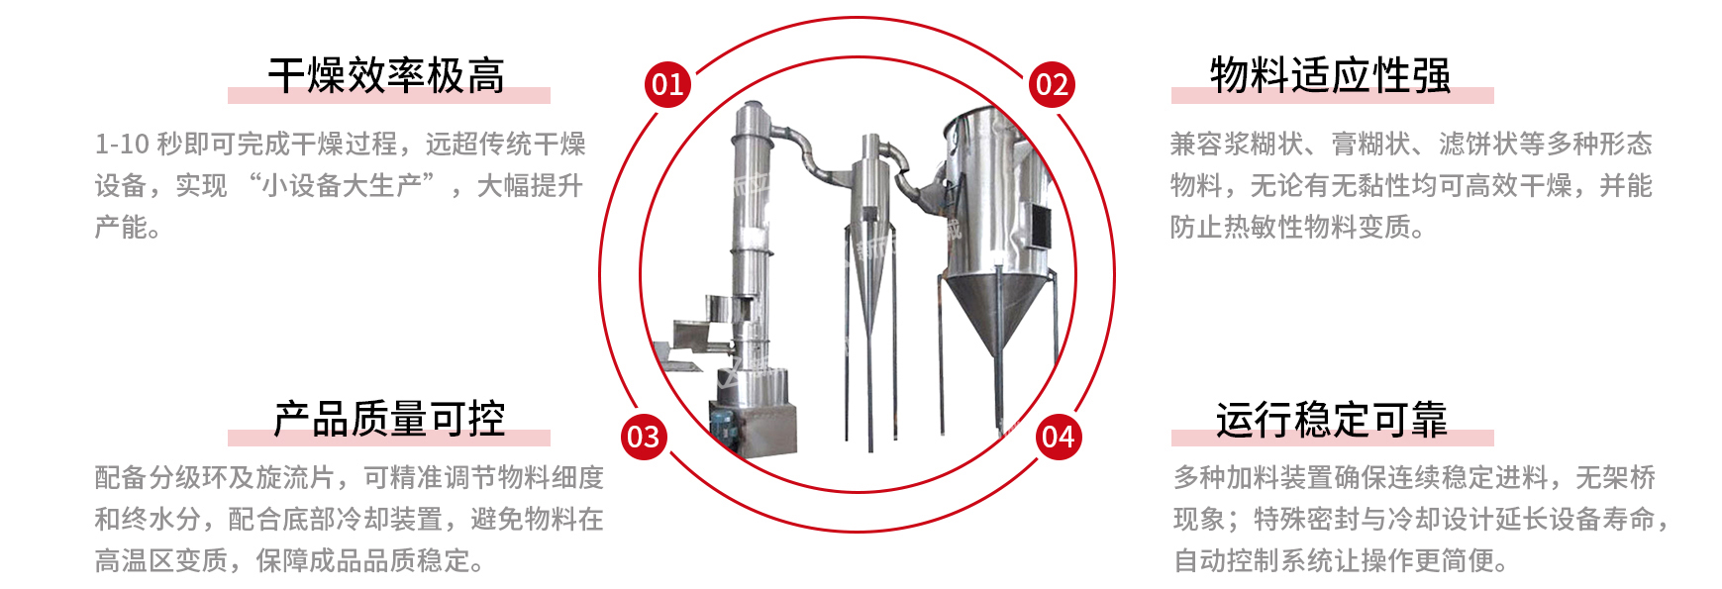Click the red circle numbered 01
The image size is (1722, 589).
click(667, 84)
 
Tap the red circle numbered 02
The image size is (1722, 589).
click(1052, 84)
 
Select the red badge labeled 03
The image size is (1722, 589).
click(644, 437)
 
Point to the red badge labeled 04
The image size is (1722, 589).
click(1059, 437)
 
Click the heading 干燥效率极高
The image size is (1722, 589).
click(386, 76)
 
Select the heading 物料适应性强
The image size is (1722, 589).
click(1331, 76)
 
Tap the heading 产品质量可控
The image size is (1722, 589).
click(389, 420)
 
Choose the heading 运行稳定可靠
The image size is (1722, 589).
click(1332, 420)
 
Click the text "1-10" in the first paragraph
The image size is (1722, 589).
click(122, 145)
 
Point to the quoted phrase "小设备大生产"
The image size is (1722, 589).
click(342, 186)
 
